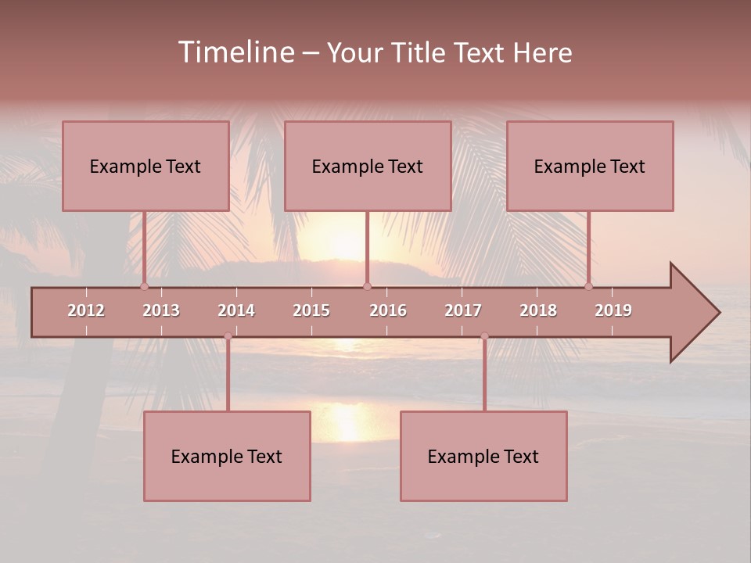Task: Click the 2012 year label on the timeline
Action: (86, 310)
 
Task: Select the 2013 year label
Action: (161, 310)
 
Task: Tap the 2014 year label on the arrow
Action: (236, 310)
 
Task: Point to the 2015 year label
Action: (311, 310)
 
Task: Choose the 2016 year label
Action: (388, 310)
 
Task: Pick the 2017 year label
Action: (463, 310)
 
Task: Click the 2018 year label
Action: (538, 310)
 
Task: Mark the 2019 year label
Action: (613, 310)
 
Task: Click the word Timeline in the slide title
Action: (235, 52)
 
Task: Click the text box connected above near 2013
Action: (146, 166)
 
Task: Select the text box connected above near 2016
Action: (368, 166)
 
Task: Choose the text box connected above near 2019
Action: (590, 166)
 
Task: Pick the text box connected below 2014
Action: (227, 456)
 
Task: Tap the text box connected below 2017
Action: (483, 456)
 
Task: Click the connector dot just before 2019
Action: (588, 286)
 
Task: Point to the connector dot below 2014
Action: (228, 336)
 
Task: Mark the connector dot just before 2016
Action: (367, 286)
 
